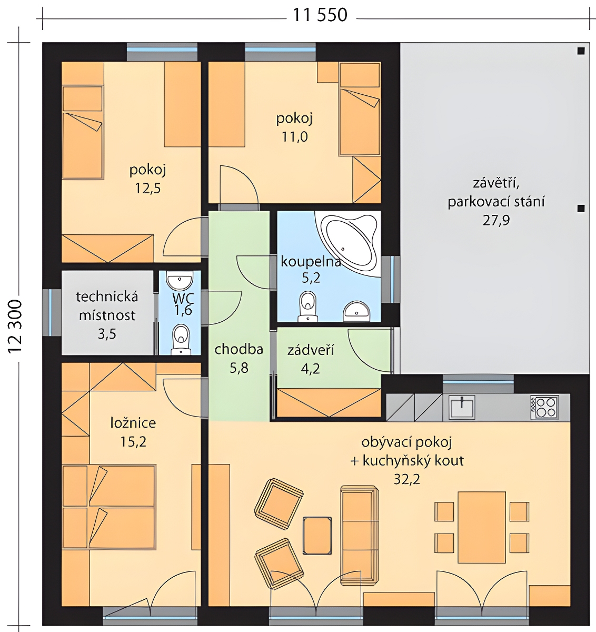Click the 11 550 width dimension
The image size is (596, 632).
click(320, 15)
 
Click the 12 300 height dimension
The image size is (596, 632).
click(15, 327)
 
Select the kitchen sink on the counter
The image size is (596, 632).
click(462, 407)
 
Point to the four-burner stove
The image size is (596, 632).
click(544, 407)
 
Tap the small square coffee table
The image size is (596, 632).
click(317, 536)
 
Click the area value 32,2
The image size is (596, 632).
click(406, 479)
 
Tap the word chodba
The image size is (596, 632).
click(239, 349)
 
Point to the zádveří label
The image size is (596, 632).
click(311, 350)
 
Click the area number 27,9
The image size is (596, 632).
click(496, 220)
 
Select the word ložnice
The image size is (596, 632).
click(133, 423)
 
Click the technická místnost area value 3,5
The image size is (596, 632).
click(107, 334)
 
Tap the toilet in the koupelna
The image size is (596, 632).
click(307, 306)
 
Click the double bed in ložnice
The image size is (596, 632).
click(109, 507)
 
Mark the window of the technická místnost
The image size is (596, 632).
click(51, 312)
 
